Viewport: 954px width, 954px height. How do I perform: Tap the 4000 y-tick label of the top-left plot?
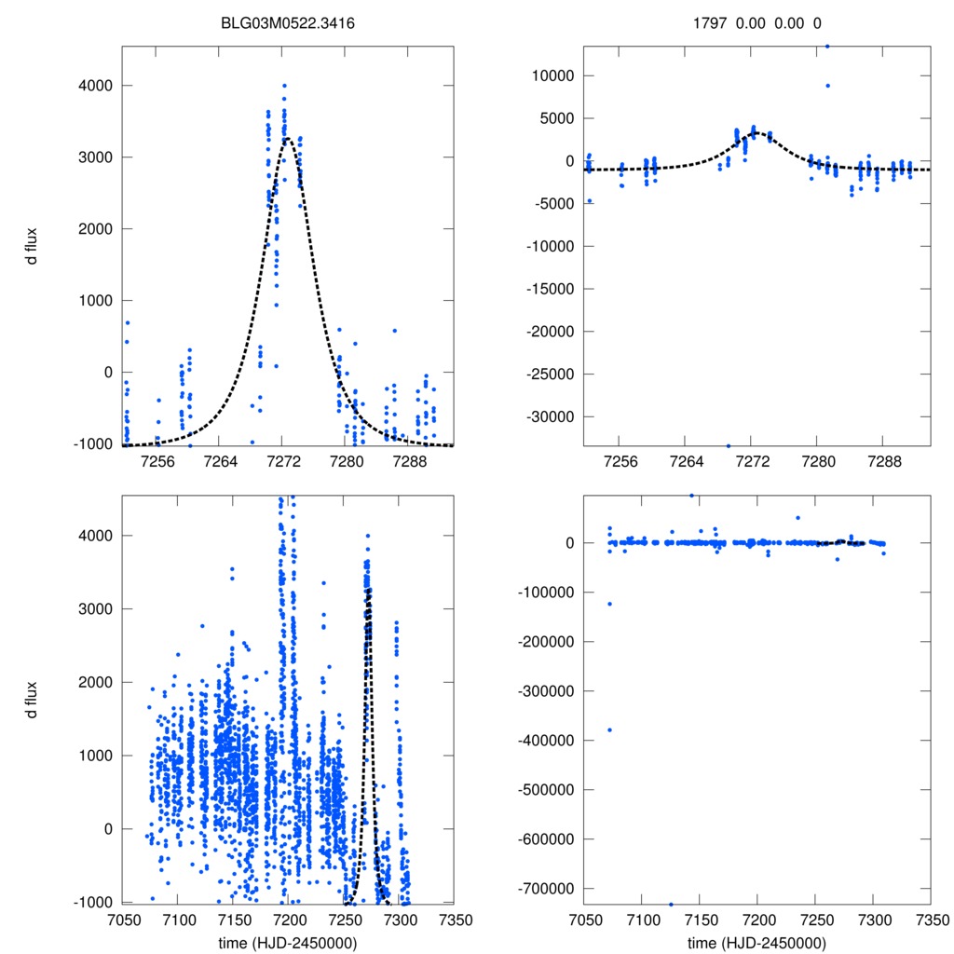[x=94, y=86]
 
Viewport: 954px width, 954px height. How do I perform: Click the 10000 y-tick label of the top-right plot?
[x=550, y=75]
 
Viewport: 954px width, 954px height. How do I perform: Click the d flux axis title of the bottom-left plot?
[x=33, y=700]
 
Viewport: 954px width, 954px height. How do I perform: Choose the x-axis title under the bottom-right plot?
[x=756, y=943]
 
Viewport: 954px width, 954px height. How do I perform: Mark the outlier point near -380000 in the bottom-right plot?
[x=610, y=729]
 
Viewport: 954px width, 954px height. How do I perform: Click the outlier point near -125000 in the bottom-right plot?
[x=610, y=604]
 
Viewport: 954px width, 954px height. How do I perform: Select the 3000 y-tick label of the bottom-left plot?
[x=94, y=608]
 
